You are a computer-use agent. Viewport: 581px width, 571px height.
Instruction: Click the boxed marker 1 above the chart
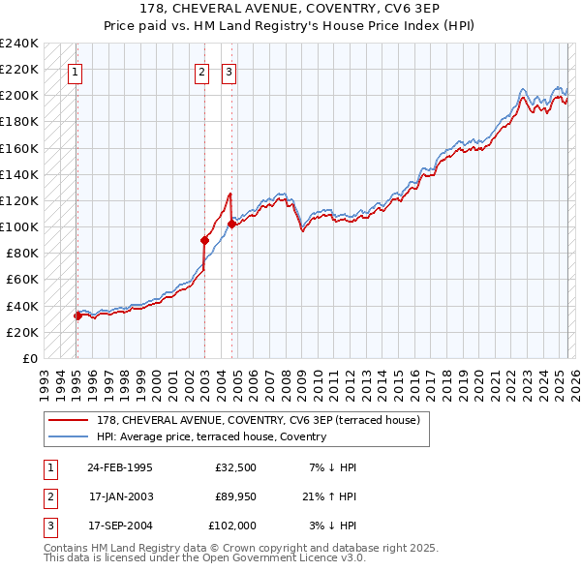[75, 71]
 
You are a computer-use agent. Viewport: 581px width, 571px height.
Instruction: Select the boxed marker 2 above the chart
[201, 71]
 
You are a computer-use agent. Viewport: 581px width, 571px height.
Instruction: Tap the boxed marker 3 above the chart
[229, 71]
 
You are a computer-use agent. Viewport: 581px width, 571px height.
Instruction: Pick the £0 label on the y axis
[31, 358]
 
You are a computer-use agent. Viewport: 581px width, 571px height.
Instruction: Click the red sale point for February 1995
[77, 316]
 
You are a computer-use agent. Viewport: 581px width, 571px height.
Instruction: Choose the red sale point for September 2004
[231, 225]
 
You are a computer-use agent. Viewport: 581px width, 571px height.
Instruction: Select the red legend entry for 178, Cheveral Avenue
[258, 420]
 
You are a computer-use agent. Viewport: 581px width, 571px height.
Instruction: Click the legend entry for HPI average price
[211, 436]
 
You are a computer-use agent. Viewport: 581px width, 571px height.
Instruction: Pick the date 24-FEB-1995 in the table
[119, 467]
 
